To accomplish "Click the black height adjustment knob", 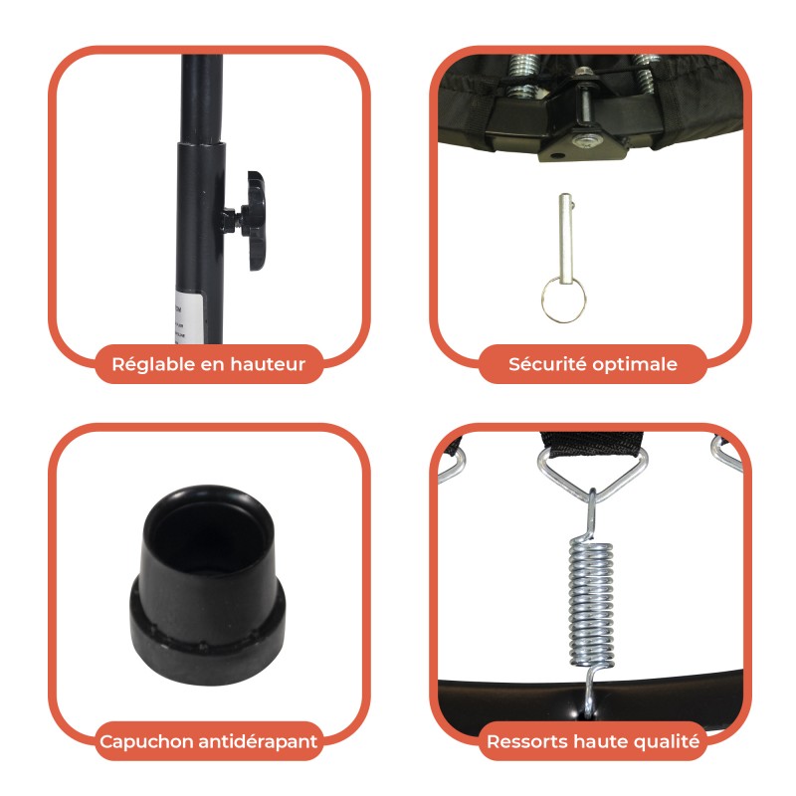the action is tap(254, 220).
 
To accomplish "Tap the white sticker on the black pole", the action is tap(188, 317).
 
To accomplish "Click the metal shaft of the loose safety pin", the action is tap(565, 239).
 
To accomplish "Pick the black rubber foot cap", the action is tap(207, 585).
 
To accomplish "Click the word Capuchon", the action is tap(145, 741).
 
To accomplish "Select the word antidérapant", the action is tap(258, 741).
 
